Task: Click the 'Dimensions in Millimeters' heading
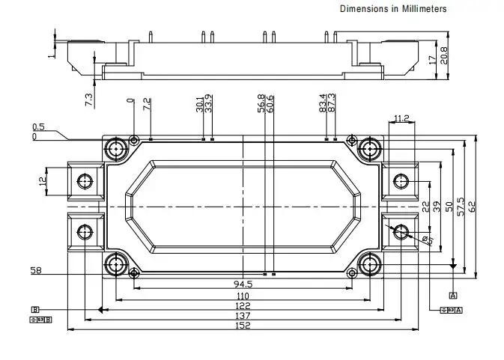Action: [x=393, y=9]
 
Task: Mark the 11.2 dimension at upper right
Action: [x=401, y=118]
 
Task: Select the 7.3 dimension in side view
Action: [x=89, y=99]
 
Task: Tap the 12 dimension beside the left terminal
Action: [x=43, y=179]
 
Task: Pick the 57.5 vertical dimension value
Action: [x=461, y=207]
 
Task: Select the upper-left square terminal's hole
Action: [x=84, y=180]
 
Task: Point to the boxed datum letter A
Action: [x=453, y=296]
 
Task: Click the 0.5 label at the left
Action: [x=38, y=127]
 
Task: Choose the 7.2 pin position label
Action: [x=148, y=104]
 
